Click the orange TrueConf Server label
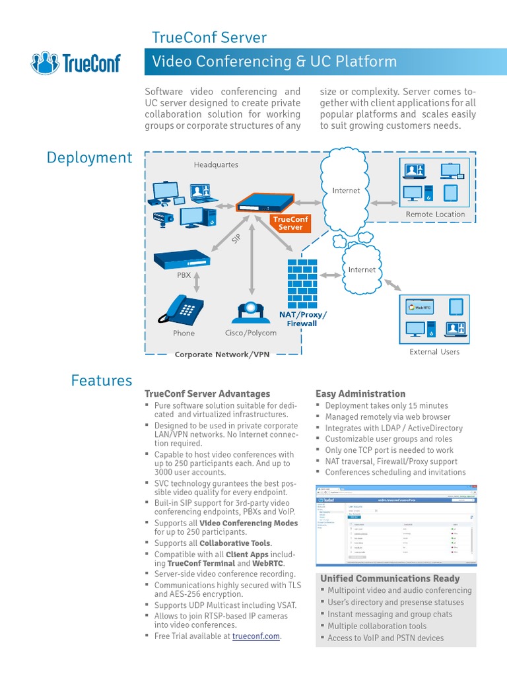290,223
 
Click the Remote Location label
435,214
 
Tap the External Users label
434,352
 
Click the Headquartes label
216,164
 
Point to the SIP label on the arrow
237,239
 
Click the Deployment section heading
89,158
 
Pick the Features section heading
102,380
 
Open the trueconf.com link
256,636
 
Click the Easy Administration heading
360,393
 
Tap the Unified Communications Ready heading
390,578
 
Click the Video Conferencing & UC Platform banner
275,62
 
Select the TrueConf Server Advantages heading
207,393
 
